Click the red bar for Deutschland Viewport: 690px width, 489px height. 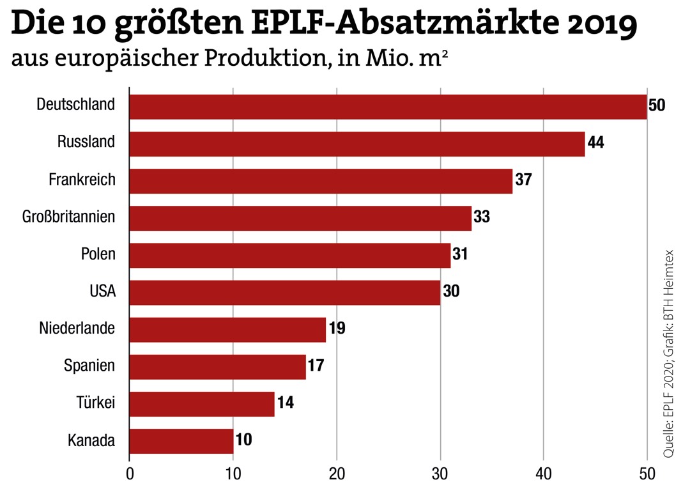coord(388,106)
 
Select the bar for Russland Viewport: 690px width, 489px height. coord(356,144)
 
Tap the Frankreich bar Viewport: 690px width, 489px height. coord(321,181)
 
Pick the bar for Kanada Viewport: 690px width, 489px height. coord(181,441)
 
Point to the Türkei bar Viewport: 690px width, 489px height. coord(202,404)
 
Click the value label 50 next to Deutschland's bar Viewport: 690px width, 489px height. coord(657,105)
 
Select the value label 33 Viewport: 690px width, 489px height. coord(482,217)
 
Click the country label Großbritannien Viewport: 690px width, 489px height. coord(69,217)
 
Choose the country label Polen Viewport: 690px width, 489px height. coord(98,254)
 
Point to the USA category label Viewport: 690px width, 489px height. coord(102,292)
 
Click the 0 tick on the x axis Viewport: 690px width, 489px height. coord(130,474)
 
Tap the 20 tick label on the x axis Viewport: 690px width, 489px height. coord(336,474)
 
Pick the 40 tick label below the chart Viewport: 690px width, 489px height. coord(543,474)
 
